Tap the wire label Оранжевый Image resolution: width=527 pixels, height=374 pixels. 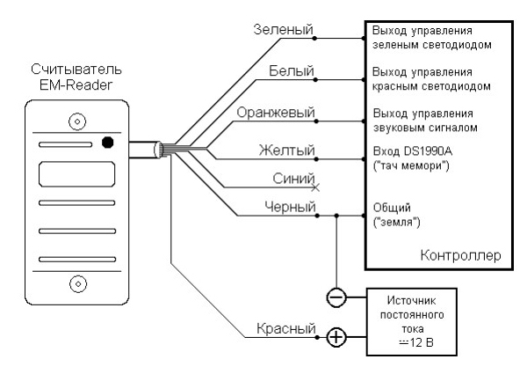[276, 113]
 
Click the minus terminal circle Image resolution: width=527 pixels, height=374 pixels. [335, 297]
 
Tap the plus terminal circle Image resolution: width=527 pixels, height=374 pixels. [335, 335]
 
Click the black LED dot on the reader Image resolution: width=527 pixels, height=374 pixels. [107, 141]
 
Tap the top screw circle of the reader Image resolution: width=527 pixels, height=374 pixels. [78, 121]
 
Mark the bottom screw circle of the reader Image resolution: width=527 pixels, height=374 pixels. [78, 282]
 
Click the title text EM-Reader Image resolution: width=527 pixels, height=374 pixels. [77, 83]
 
